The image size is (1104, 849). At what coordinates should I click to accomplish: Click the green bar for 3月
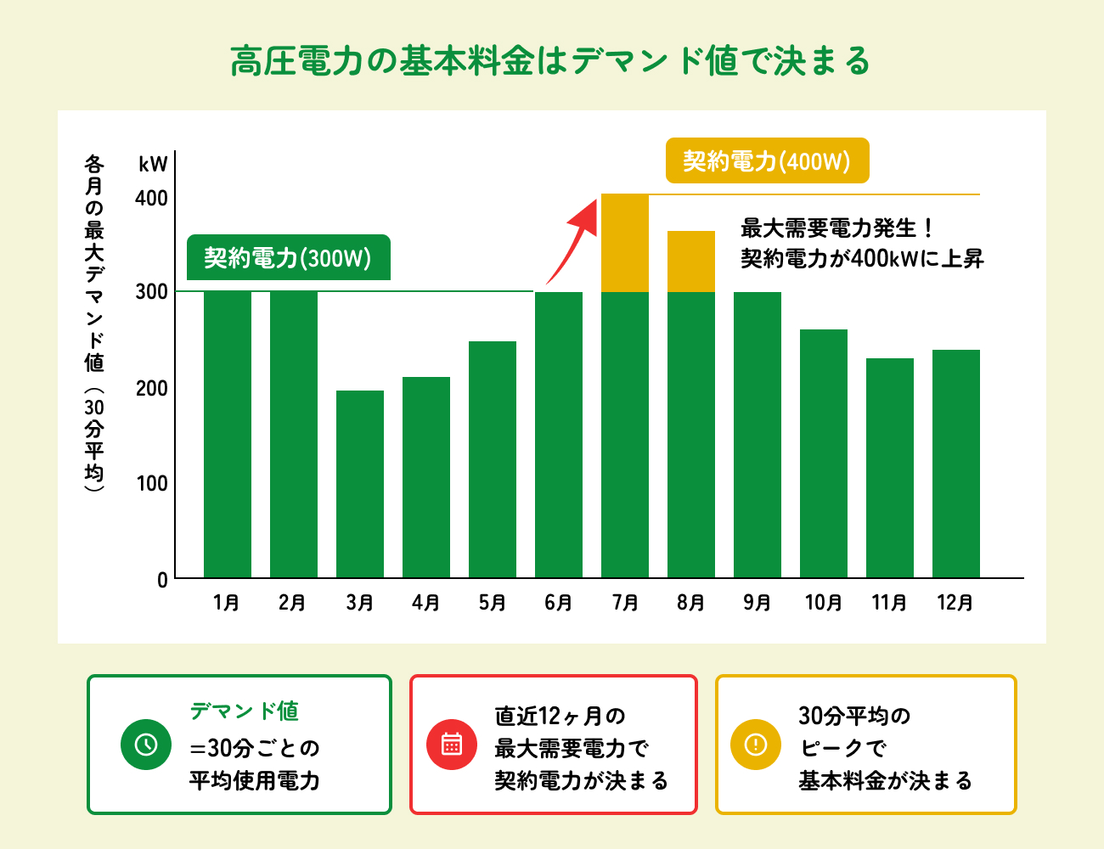click(360, 484)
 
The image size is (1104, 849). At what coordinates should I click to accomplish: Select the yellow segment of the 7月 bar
click(625, 243)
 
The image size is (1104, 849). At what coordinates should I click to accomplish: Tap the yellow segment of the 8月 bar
click(691, 261)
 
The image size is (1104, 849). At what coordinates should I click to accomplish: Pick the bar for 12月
click(956, 464)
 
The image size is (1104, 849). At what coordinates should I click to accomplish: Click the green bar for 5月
click(493, 459)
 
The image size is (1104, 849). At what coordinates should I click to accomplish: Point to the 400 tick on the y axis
click(152, 199)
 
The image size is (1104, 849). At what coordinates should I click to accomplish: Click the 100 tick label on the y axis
click(152, 484)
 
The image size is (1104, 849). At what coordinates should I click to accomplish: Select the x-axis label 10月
click(823, 603)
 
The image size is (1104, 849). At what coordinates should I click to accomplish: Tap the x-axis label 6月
click(558, 603)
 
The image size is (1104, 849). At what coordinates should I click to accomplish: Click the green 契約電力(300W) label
click(288, 258)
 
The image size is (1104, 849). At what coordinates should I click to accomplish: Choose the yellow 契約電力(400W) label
click(767, 161)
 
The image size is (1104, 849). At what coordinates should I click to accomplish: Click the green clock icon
click(146, 745)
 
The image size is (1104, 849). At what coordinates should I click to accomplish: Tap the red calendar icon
click(452, 745)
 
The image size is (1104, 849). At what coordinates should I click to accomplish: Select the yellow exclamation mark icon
click(756, 745)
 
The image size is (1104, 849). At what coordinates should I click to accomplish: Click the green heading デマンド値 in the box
click(245, 711)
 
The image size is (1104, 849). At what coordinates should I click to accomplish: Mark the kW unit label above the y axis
click(154, 164)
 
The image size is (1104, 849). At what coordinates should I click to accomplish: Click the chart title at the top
click(551, 61)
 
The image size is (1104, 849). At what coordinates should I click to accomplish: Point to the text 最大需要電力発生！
click(837, 228)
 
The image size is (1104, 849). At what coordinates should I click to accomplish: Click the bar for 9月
click(758, 435)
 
